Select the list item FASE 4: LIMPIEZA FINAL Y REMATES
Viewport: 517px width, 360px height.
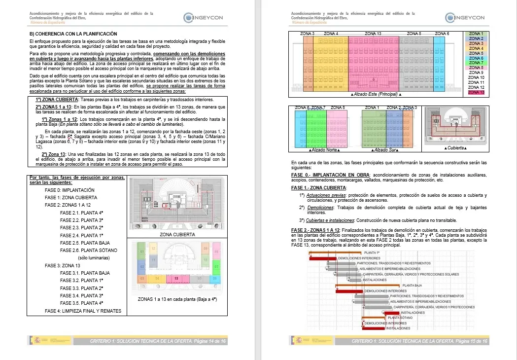[83, 311]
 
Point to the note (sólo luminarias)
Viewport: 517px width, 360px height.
[94, 258]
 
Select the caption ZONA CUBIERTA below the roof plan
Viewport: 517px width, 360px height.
[177, 235]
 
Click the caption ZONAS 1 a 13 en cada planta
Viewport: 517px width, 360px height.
[177, 299]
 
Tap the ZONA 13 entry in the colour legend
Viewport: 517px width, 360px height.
[476, 92]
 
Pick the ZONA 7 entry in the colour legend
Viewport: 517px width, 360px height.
[476, 63]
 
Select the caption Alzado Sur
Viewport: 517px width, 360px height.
[386, 148]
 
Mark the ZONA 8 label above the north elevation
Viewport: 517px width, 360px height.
[338, 108]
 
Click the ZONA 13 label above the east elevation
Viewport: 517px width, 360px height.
[373, 34]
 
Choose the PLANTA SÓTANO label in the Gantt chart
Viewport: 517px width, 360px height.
[400, 318]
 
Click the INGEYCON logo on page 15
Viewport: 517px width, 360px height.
[464, 18]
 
